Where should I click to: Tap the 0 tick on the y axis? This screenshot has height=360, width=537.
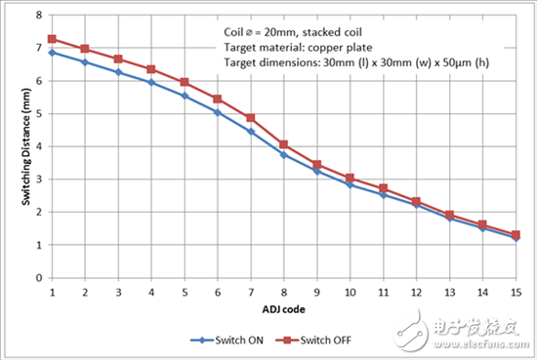click(x=37, y=278)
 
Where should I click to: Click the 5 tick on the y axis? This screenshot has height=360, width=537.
click(x=37, y=114)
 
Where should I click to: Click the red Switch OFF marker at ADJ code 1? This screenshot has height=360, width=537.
click(x=51, y=39)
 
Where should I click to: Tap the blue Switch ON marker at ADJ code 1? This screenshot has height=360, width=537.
click(x=51, y=53)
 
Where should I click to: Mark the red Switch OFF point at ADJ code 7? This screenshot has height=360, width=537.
click(x=251, y=118)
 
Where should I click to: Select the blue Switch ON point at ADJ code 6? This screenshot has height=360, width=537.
click(x=217, y=112)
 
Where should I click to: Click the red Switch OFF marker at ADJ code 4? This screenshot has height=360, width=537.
click(x=150, y=69)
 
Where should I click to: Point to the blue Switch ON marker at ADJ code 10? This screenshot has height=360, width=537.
click(x=350, y=184)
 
